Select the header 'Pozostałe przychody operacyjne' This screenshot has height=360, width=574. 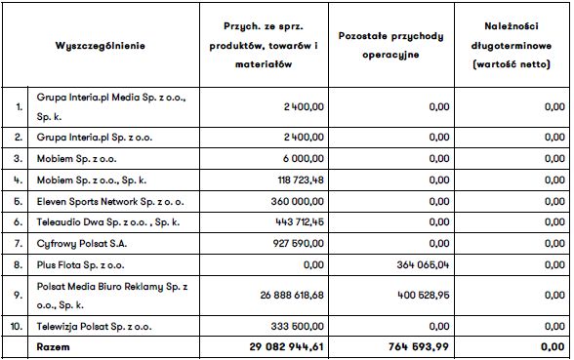(x=389, y=46)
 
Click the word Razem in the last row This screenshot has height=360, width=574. (x=54, y=347)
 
